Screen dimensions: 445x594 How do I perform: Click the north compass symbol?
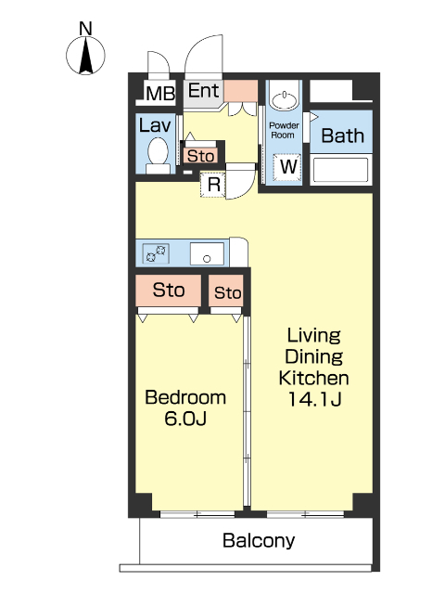point(85,54)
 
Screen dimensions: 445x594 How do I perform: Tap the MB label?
point(160,93)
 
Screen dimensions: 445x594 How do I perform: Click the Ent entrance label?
point(204,91)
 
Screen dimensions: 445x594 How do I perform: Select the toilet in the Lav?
point(158,155)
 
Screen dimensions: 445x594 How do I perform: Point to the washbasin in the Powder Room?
point(285,100)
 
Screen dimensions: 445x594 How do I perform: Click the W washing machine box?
point(288,167)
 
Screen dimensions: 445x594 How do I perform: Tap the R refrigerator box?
point(213,185)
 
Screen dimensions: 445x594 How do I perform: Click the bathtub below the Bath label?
point(341,170)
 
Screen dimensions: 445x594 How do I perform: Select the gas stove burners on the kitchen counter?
point(156,253)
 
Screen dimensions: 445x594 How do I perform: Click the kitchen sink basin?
point(207,253)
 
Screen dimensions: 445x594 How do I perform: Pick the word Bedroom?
point(185,397)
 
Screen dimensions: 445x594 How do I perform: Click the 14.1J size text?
point(315,398)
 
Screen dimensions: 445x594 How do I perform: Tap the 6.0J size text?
point(185,419)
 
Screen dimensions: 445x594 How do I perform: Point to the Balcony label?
point(259,540)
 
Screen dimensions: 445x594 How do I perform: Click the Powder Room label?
point(284,130)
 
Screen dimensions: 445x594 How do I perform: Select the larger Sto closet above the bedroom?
point(169,291)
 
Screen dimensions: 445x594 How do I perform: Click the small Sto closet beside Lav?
point(200,156)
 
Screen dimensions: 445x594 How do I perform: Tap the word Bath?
point(343,136)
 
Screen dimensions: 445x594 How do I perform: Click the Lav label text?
point(155,125)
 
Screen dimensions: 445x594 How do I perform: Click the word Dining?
point(314,356)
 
